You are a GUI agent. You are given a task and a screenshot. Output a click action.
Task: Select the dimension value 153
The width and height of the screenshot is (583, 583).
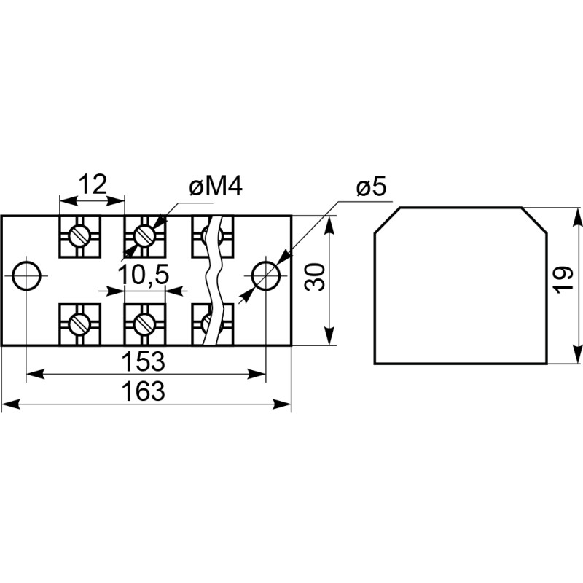[146, 361]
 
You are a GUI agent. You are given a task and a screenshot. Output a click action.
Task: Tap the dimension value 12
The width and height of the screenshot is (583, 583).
[92, 184]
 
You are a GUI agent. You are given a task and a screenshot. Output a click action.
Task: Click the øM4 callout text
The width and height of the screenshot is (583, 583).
[215, 187]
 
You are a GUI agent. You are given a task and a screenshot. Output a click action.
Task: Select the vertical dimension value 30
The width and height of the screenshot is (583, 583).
[314, 277]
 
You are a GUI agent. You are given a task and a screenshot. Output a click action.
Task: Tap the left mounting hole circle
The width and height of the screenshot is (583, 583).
[27, 275]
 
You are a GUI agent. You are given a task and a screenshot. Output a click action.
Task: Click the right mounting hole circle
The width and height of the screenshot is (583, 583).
[266, 275]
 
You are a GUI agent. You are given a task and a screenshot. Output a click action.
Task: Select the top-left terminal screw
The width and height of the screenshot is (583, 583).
[79, 235]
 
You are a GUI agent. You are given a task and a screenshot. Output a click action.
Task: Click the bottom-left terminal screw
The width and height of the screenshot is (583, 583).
[79, 321]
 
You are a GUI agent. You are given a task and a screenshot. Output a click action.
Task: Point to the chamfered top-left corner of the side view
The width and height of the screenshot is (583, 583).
[386, 220]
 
